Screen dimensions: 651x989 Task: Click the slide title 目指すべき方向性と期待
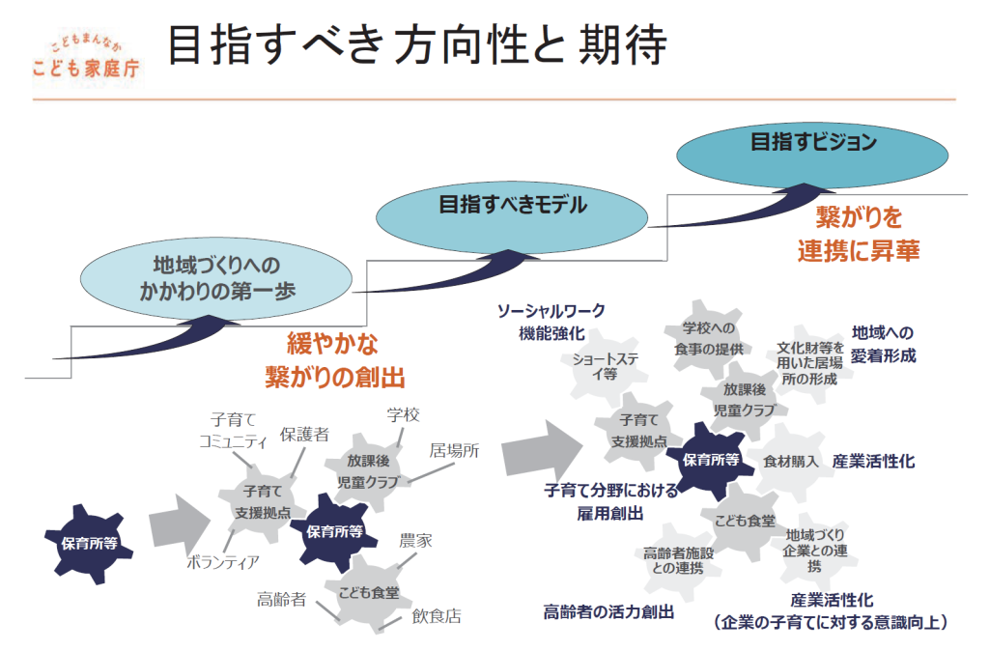click(x=416, y=46)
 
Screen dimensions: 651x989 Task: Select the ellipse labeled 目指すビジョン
click(x=813, y=143)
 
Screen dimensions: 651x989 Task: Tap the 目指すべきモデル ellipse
click(x=512, y=205)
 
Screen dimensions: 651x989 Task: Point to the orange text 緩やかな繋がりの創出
click(x=334, y=359)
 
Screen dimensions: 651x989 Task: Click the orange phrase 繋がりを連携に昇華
click(x=858, y=233)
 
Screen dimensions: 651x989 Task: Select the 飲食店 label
click(x=437, y=614)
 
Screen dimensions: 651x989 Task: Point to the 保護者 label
click(x=304, y=435)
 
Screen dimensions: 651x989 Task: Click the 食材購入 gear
click(x=790, y=461)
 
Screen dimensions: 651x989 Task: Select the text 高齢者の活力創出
click(x=608, y=611)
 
